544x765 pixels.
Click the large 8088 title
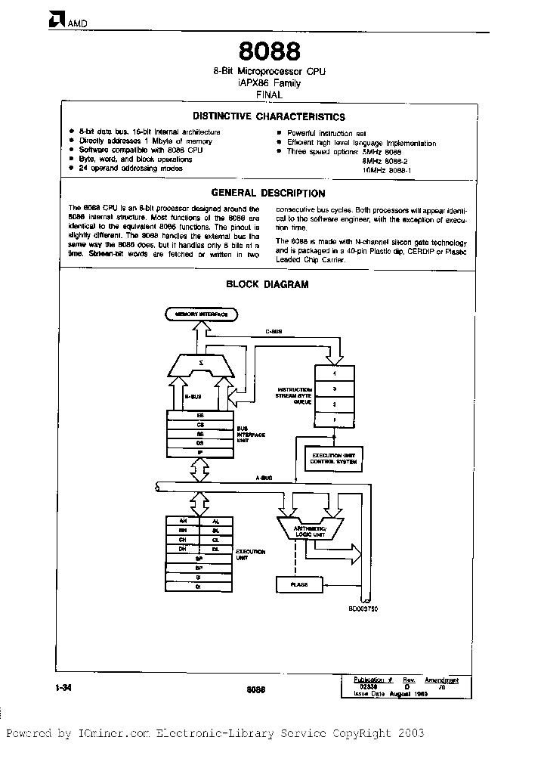(270, 51)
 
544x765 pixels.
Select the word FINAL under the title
(270, 95)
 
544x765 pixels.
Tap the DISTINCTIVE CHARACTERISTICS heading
(269, 117)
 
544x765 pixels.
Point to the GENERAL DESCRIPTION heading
(268, 194)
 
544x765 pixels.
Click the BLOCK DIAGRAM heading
(268, 284)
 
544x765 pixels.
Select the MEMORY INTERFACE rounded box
(201, 313)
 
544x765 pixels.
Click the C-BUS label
(274, 331)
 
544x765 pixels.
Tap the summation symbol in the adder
(200, 364)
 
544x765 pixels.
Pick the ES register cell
(200, 416)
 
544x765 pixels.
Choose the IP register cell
(200, 452)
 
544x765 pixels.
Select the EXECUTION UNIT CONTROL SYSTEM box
(330, 458)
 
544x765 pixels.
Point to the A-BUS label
(264, 478)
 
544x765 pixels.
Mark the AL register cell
(216, 521)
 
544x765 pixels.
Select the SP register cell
(199, 557)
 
